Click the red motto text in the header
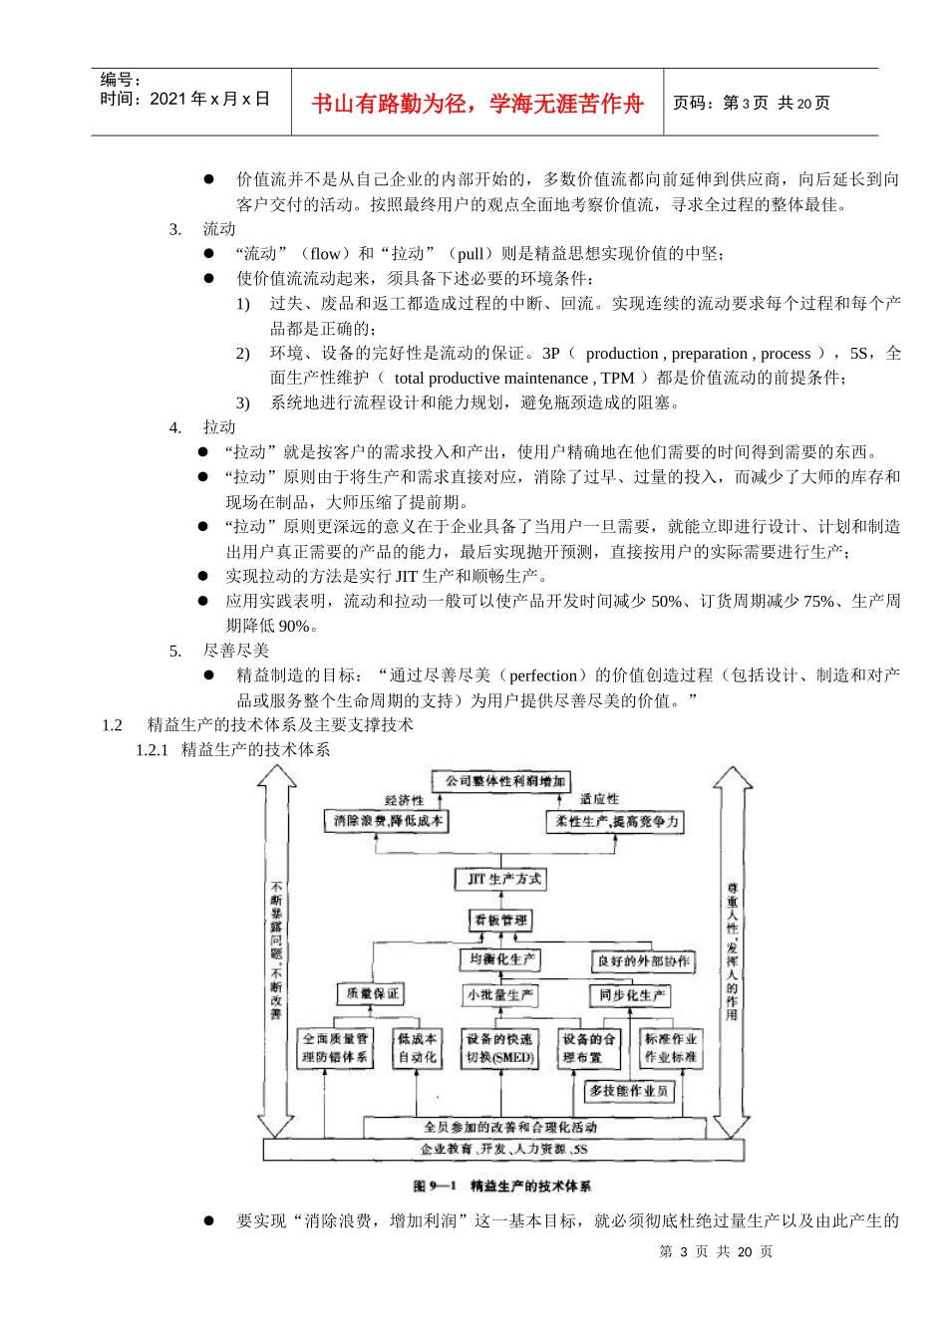[477, 104]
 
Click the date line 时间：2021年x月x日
[184, 99]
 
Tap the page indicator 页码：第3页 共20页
[751, 103]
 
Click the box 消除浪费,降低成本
[388, 821]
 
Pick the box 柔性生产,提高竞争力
[616, 822]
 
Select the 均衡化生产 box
[501, 959]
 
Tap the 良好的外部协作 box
[643, 961]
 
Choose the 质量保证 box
[371, 993]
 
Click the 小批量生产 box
[500, 994]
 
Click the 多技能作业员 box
[628, 1091]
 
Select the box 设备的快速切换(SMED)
[500, 1048]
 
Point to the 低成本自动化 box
[417, 1048]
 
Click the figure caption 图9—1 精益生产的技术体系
[501, 1186]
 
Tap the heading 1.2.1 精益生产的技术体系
[233, 749]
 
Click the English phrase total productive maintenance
[490, 378]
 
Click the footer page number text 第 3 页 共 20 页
[716, 1251]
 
